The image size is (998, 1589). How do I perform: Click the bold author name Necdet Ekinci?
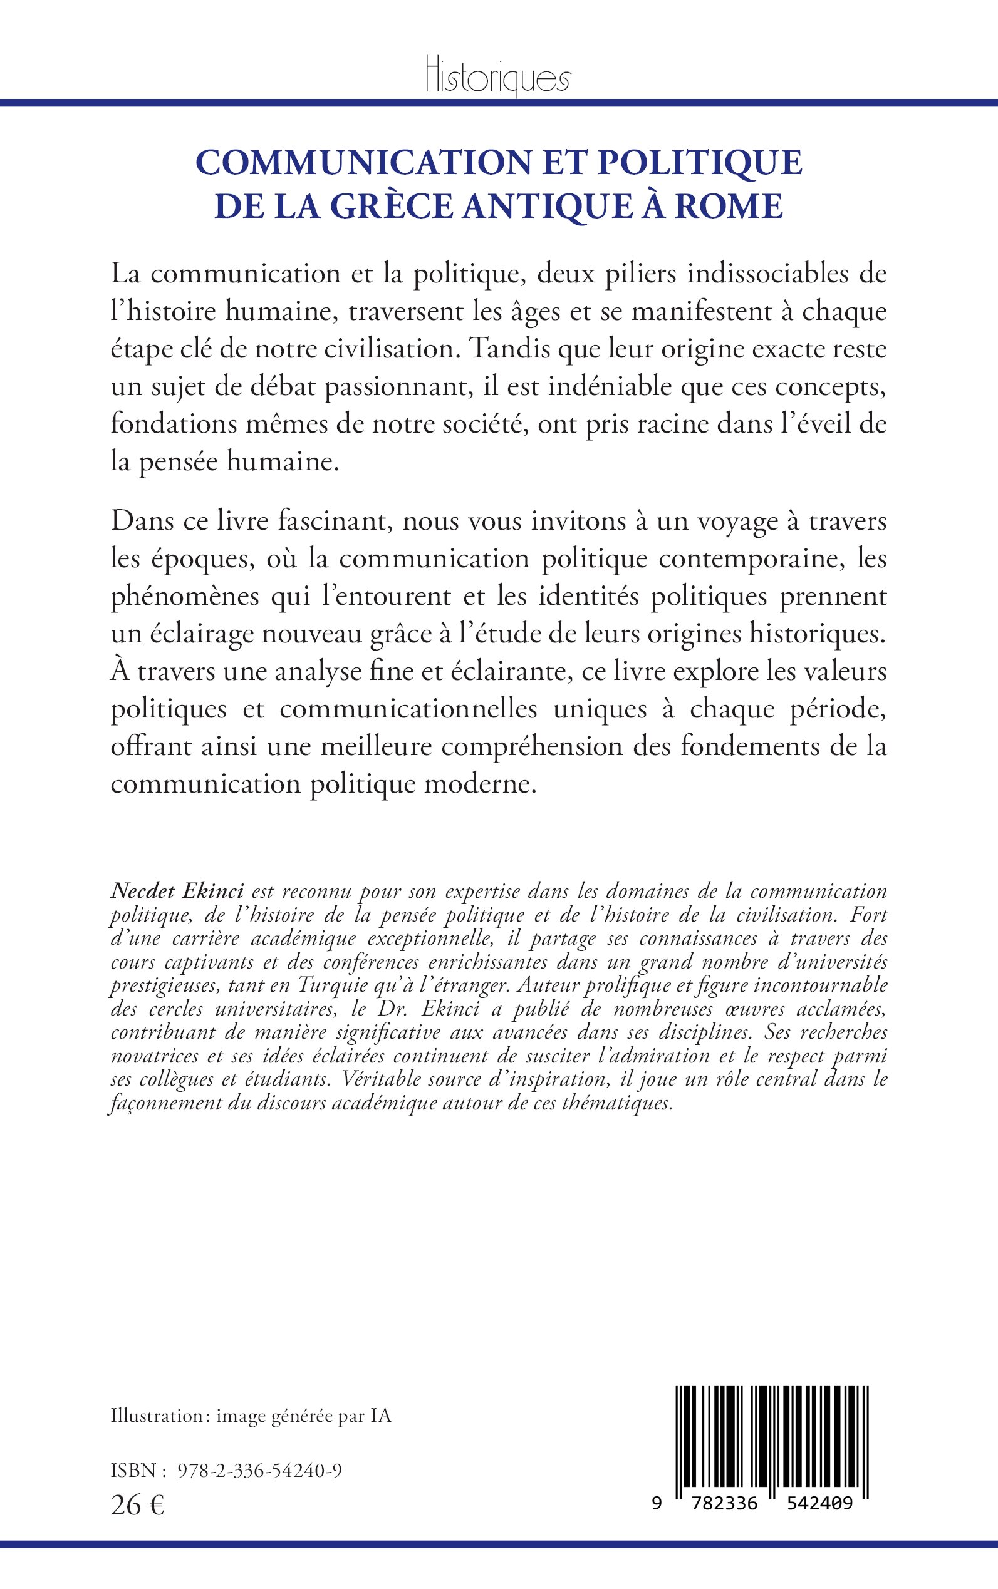pyautogui.click(x=177, y=891)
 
